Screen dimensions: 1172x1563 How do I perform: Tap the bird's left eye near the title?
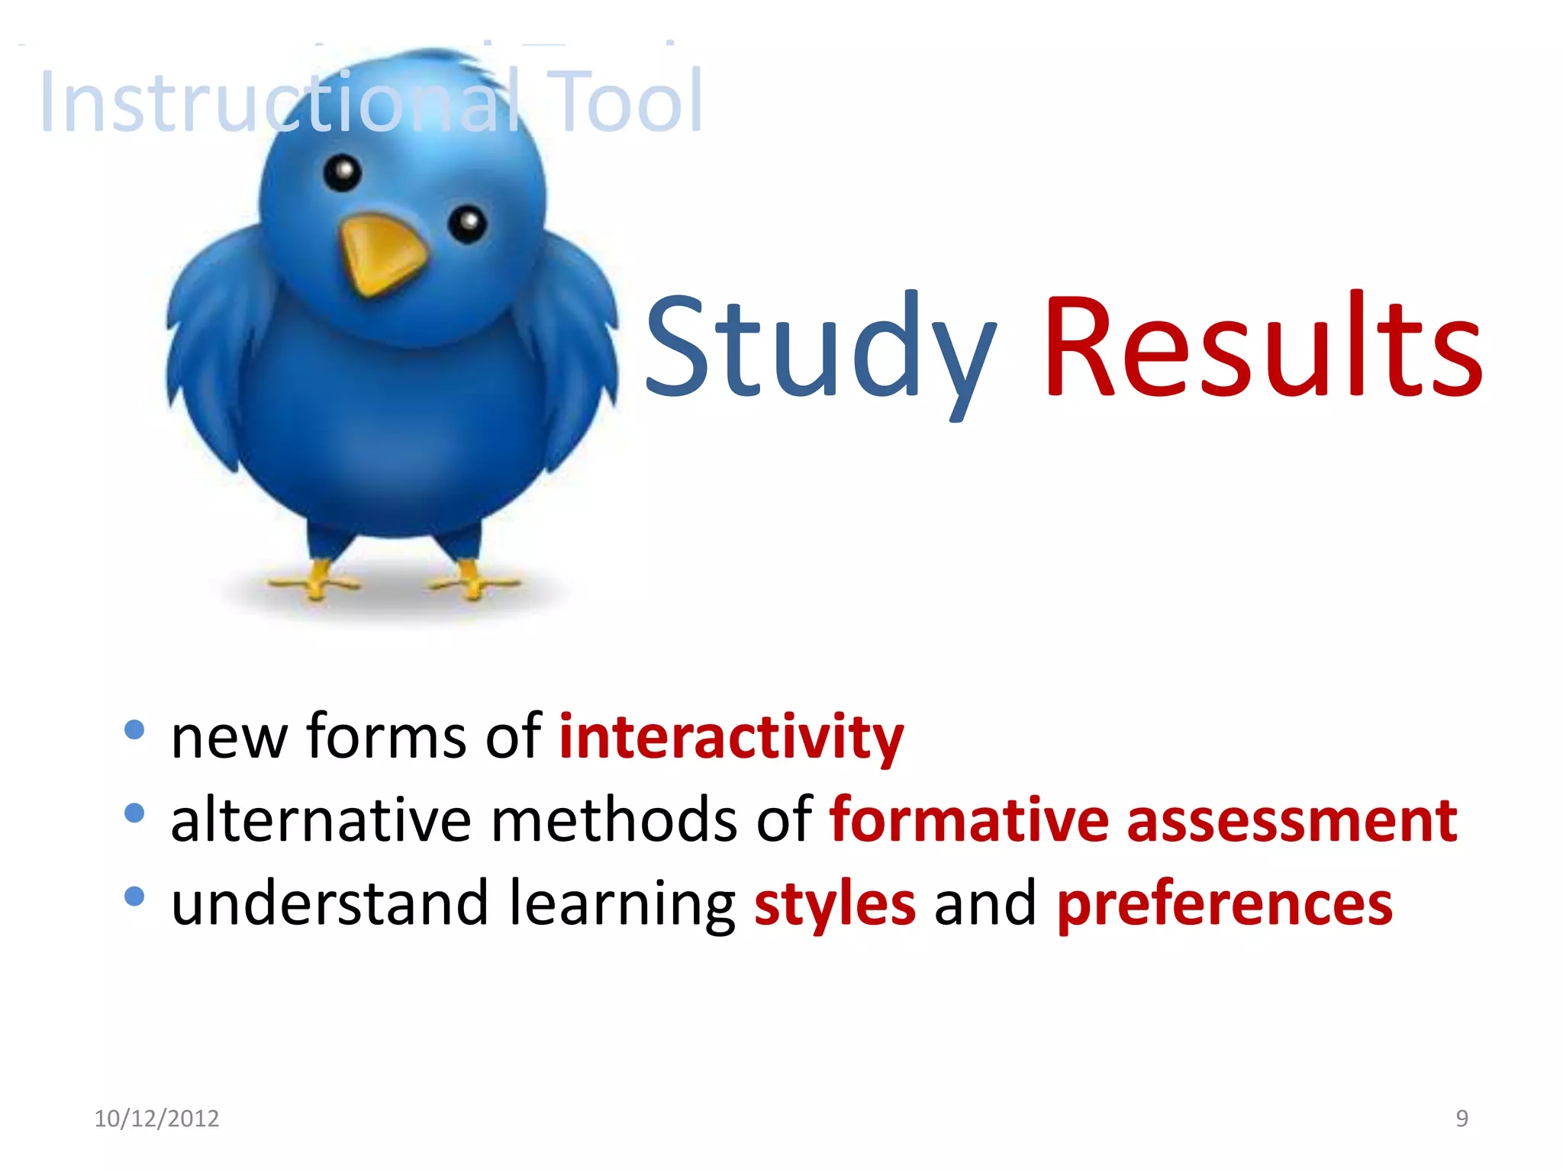coord(343,172)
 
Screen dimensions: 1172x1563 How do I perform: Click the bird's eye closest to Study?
coord(467,223)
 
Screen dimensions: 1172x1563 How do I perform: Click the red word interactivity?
coord(731,737)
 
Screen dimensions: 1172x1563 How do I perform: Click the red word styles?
coord(834,905)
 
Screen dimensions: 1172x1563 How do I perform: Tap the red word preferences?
coord(1224,905)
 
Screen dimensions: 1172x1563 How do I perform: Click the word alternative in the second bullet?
coord(321,820)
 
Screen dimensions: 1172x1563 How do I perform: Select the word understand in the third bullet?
coord(329,903)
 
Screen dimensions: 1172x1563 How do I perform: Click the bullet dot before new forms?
coord(134,730)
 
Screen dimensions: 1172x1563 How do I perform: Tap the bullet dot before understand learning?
coord(134,897)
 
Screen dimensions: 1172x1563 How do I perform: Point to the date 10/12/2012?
coord(156,1119)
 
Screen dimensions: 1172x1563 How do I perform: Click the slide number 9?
coord(1461,1119)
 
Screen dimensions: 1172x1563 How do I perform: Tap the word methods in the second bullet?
coord(614,820)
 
